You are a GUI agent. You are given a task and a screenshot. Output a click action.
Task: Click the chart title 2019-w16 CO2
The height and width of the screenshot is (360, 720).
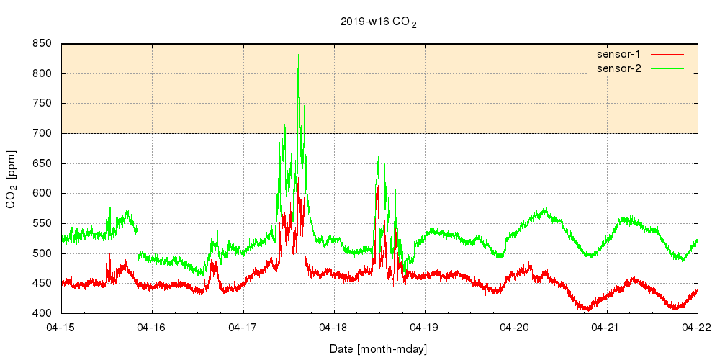coord(379,22)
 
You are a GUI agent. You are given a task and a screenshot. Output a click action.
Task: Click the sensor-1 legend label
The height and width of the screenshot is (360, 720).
coord(624,54)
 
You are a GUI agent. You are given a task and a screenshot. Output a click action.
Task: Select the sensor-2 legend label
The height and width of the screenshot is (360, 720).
coord(624,68)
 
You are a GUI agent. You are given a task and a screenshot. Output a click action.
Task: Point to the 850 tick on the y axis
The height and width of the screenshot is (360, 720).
coord(42,44)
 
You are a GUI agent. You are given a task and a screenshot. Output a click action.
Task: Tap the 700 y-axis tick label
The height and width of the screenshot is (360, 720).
coord(42,133)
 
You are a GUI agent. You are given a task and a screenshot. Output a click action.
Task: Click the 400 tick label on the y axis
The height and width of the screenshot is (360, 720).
coord(42,313)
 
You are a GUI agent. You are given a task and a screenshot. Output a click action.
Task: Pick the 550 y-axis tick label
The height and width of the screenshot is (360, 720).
coord(42,223)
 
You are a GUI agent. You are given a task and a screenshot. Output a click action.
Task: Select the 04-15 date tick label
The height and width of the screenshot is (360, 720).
coord(61,327)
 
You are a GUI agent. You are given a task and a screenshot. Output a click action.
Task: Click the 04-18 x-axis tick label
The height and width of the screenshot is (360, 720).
coord(334,327)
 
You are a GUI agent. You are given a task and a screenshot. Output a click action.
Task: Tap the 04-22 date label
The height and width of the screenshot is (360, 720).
coord(698,327)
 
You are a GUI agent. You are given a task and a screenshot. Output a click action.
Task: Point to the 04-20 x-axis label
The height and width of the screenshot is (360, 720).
coord(516,327)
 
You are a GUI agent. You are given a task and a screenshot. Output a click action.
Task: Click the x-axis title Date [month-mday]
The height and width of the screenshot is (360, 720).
coord(379,349)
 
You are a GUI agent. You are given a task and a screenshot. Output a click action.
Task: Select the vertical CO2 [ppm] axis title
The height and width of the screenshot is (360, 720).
coord(12,179)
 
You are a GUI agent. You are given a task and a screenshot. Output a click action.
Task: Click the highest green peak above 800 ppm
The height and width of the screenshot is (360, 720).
coord(298,55)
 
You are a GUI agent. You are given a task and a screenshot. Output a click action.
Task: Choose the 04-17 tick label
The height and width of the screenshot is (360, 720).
coord(243,327)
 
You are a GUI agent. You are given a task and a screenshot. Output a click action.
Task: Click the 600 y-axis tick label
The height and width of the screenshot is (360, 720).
coord(42,193)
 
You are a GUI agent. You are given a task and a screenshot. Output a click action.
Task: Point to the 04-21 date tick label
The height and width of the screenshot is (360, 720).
coord(607,327)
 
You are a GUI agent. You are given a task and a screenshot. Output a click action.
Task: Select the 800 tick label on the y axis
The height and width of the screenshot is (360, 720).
coord(42,73)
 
